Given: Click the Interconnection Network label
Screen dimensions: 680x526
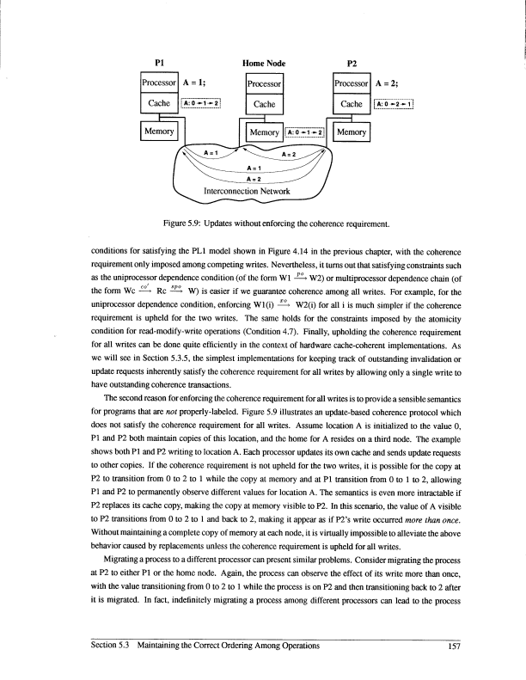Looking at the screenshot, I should pos(247,191).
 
